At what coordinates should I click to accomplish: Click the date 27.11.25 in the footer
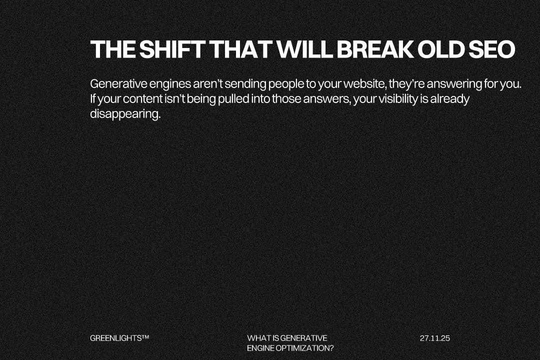[x=435, y=338]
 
